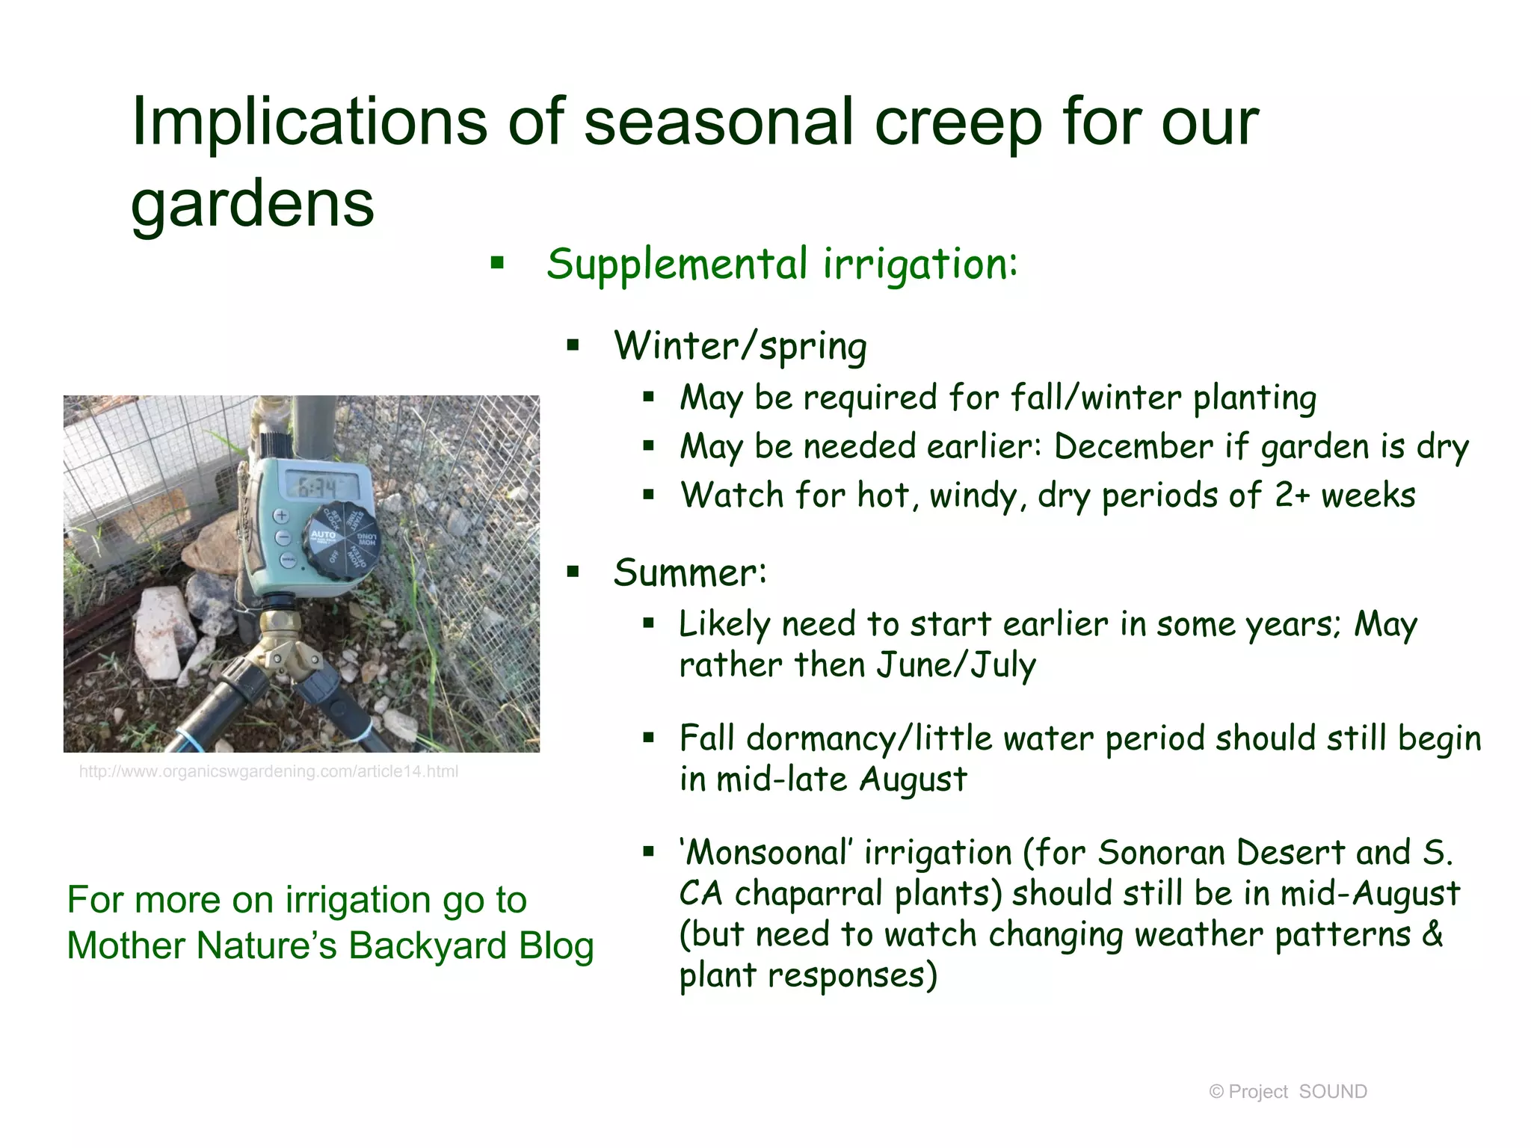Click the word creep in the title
[x=958, y=123]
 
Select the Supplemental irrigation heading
[x=781, y=264]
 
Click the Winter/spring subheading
[x=740, y=346]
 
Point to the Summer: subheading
[x=689, y=573]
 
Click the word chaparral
[x=810, y=894]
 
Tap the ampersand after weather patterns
[x=1432, y=934]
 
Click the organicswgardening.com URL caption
[x=268, y=772]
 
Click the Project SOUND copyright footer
[x=1287, y=1092]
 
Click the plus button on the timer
[x=282, y=516]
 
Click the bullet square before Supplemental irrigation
[x=497, y=263]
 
